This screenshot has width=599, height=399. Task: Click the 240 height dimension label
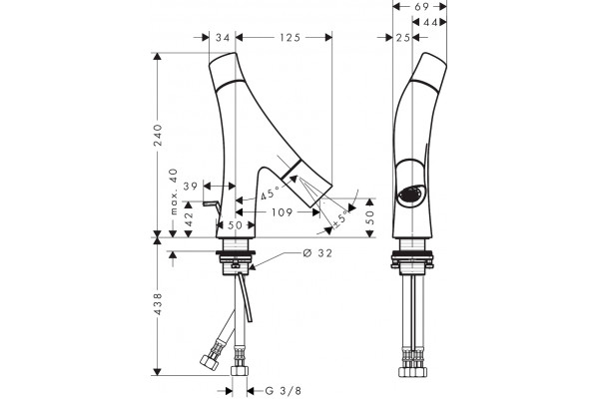158,135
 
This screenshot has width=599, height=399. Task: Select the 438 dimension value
158,304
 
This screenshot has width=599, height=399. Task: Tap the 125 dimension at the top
290,38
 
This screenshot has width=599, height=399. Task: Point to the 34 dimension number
223,38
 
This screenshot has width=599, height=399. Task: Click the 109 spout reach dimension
283,212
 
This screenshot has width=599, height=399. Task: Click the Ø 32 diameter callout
317,252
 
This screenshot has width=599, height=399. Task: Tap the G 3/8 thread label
284,391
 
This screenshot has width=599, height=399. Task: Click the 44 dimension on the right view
430,23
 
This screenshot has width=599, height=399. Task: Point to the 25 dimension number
402,38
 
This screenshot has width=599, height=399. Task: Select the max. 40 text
174,192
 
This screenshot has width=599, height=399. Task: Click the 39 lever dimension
191,187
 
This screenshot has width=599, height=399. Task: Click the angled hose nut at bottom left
209,361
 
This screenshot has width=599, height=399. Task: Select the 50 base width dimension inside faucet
235,225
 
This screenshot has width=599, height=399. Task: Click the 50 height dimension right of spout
370,217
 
